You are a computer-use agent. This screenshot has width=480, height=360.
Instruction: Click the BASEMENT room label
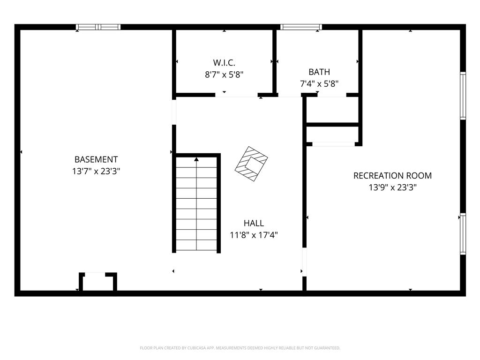(x=96, y=159)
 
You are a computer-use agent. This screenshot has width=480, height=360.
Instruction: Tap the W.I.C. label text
(x=224, y=63)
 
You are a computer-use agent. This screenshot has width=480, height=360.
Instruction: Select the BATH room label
(x=319, y=72)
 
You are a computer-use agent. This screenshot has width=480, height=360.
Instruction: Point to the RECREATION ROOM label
(x=392, y=176)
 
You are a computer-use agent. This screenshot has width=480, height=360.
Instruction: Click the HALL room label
(x=254, y=223)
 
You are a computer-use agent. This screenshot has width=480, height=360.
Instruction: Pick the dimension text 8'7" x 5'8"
(x=224, y=75)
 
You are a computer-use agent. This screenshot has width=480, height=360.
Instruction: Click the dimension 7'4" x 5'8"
(x=319, y=83)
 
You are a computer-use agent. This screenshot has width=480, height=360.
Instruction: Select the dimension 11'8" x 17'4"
(x=254, y=235)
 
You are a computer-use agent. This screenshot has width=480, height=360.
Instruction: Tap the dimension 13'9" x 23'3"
(x=392, y=187)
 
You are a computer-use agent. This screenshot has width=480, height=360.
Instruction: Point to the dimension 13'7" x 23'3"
(x=96, y=171)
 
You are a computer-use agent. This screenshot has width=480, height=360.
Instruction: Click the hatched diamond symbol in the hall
(x=251, y=164)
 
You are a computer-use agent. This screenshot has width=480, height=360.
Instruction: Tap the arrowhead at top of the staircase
(x=196, y=159)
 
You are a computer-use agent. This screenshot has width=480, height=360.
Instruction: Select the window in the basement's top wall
(x=98, y=27)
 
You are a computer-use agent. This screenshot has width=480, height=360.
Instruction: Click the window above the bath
(x=301, y=27)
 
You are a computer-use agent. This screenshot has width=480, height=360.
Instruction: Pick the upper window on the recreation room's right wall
(x=463, y=96)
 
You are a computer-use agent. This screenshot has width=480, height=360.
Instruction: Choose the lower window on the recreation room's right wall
(x=463, y=234)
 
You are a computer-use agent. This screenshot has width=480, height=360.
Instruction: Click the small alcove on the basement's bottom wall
(x=98, y=282)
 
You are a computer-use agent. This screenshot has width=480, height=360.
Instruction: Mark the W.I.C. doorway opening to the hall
(x=236, y=95)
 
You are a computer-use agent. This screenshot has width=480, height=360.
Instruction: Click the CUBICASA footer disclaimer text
(x=240, y=348)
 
